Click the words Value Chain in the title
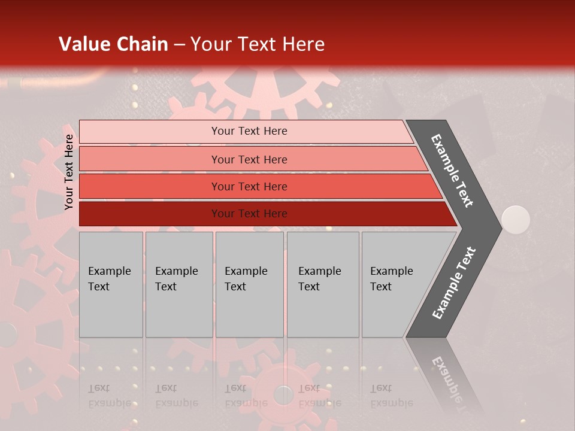coord(113,44)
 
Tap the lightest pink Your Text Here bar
coord(249,131)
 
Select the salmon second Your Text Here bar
coord(249,159)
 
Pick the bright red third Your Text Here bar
coord(249,187)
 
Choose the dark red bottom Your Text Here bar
coord(249,214)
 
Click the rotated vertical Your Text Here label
coord(69,172)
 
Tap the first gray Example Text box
coord(111,284)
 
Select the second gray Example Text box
coord(178,284)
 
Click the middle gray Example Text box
coord(249,284)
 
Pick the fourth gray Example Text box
coord(322,284)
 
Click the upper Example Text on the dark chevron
coord(452,171)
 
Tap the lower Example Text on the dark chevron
coord(453,283)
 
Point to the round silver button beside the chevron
coord(515,220)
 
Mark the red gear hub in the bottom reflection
coord(283,394)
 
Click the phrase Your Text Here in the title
coord(258,44)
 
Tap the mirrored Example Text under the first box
coord(109,396)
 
